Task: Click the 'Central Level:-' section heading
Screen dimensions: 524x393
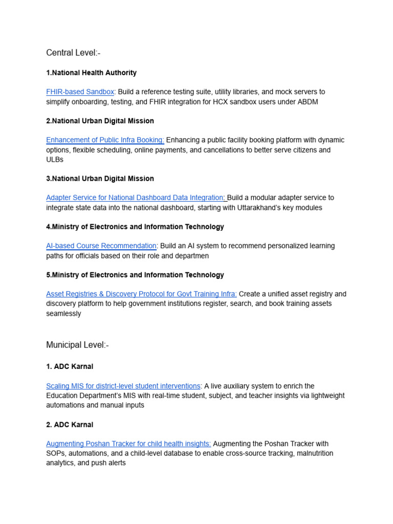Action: (73, 53)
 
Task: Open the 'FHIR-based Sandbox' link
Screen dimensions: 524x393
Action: (80, 92)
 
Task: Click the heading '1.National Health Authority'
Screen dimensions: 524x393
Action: (91, 73)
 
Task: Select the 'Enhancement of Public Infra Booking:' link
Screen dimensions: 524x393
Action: (105, 140)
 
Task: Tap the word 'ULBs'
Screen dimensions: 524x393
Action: (55, 160)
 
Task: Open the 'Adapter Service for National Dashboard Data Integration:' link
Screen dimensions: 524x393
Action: (136, 198)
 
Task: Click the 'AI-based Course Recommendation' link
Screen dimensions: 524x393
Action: (101, 246)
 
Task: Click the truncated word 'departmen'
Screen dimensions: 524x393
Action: (191, 256)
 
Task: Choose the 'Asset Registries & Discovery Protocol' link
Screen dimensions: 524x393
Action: (141, 294)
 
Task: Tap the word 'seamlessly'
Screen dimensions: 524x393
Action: (63, 314)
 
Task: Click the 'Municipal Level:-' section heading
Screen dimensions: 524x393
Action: (77, 345)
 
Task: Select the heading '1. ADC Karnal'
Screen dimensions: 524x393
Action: (70, 367)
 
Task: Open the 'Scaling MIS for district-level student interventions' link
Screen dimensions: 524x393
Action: (123, 386)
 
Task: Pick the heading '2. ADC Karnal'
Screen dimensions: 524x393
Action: (70, 425)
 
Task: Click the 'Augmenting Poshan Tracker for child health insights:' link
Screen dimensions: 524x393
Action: (128, 444)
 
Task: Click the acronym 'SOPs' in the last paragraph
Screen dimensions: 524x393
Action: (55, 454)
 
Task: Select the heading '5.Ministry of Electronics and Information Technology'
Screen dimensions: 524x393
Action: (135, 275)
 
